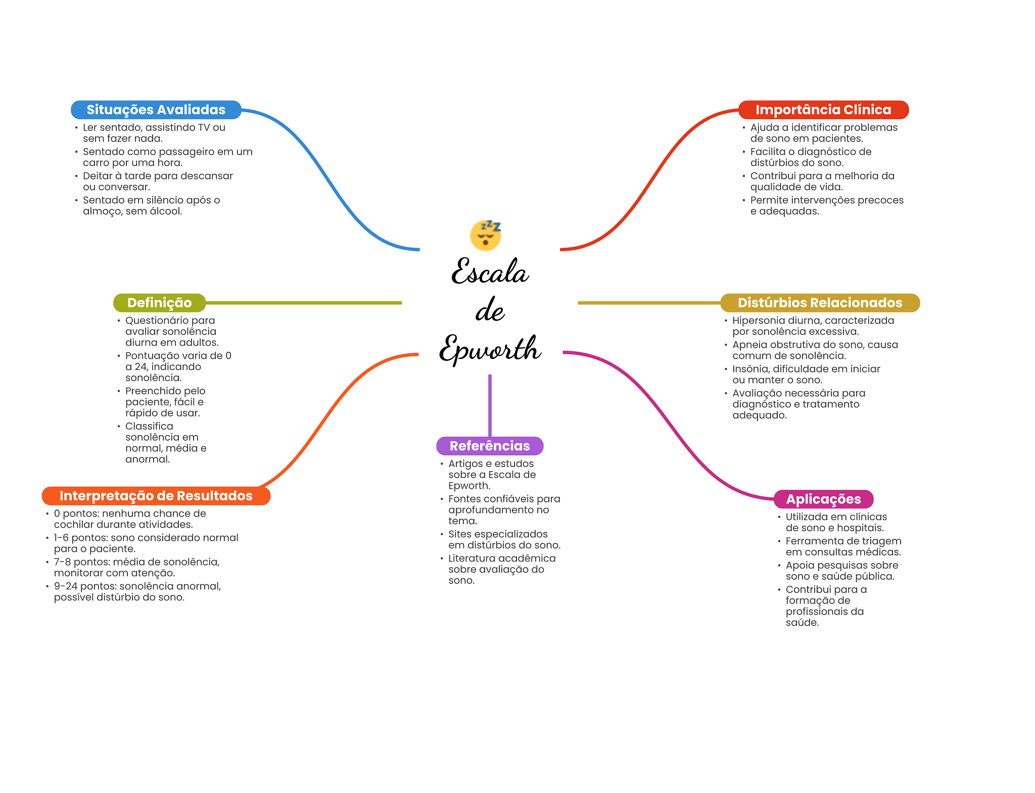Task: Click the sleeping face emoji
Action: [x=486, y=235]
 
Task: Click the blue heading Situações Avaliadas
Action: [x=156, y=110]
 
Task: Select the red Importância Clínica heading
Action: [x=823, y=110]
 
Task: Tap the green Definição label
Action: [x=159, y=303]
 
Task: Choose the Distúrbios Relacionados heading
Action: [x=819, y=303]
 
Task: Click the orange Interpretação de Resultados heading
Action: [x=156, y=496]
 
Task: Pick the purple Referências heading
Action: [x=490, y=446]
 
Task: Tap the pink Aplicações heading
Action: [x=823, y=499]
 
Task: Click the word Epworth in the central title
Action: [x=490, y=349]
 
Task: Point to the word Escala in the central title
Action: [x=490, y=272]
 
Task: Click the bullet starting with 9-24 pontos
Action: [x=137, y=591]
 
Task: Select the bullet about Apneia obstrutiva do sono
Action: [x=815, y=350]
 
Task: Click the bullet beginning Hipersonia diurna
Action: [x=813, y=325]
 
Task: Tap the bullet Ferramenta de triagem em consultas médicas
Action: [x=843, y=546]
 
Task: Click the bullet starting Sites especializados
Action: [x=504, y=539]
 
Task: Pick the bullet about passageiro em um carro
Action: [x=167, y=157]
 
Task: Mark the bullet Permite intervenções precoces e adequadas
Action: [x=826, y=205]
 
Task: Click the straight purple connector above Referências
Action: [x=490, y=404]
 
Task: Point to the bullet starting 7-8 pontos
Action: [x=136, y=567]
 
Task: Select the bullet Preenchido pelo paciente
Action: [x=165, y=401]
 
